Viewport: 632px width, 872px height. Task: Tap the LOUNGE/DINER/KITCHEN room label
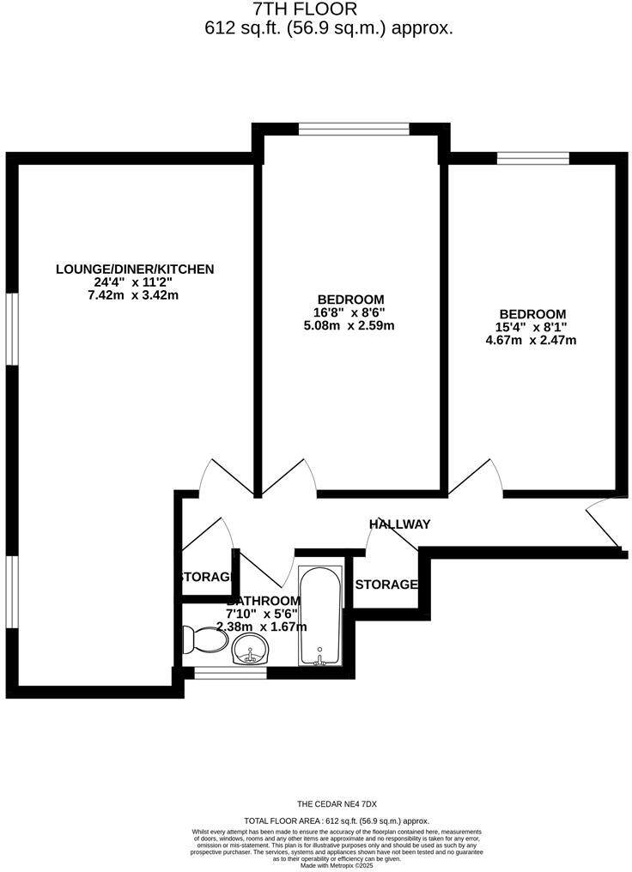click(135, 269)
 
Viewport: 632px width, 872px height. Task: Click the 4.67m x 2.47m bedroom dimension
click(531, 340)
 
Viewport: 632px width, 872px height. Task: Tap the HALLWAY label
click(399, 524)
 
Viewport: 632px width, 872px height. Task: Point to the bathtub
click(320, 615)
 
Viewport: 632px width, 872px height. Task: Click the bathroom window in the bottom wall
click(218, 674)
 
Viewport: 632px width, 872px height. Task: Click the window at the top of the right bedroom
click(532, 158)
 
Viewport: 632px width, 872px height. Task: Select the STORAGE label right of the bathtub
click(386, 584)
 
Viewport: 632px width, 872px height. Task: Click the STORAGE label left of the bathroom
click(206, 577)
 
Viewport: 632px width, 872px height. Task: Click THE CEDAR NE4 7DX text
click(337, 804)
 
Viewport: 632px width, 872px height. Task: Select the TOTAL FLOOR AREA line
click(337, 821)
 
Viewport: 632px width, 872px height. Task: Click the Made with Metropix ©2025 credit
click(337, 866)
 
